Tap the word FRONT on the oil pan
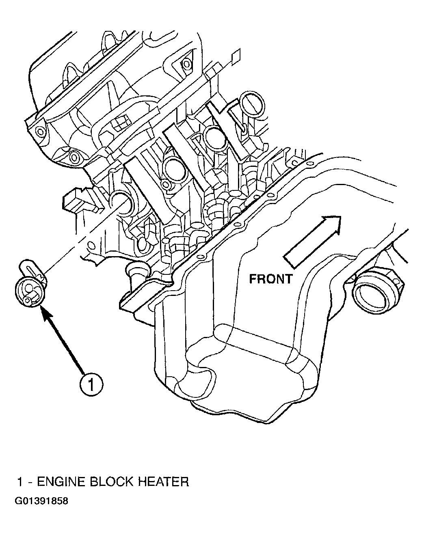[271, 279]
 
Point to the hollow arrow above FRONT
[312, 242]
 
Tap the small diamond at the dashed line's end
[236, 57]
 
